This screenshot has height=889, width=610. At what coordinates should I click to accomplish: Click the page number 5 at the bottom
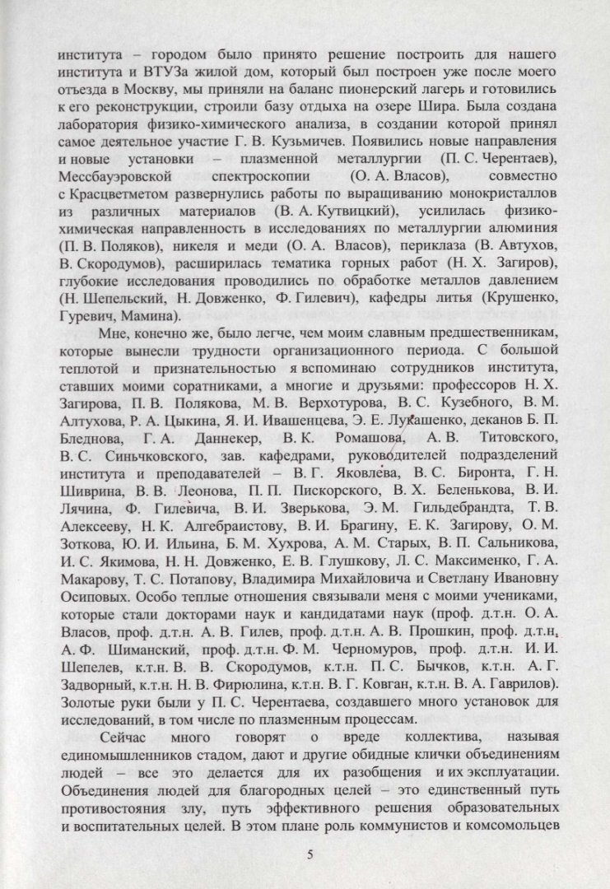click(310, 854)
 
